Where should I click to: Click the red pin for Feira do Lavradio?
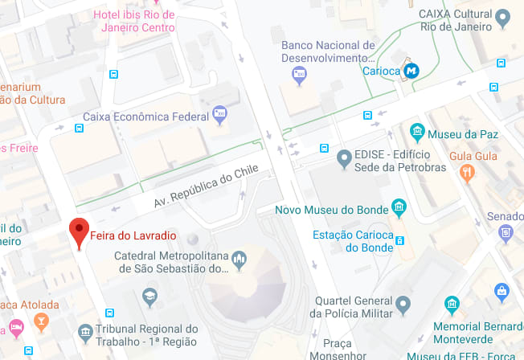click(79, 233)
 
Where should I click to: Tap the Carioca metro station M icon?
click(412, 71)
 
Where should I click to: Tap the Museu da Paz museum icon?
click(416, 132)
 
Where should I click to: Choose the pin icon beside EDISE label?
click(344, 159)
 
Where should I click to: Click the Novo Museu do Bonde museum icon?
click(399, 209)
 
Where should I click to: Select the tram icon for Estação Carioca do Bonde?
click(400, 240)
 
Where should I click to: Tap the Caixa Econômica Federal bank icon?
click(219, 114)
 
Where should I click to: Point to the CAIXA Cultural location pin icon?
click(503, 18)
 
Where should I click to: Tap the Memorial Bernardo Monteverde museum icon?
click(452, 305)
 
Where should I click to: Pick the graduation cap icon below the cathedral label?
click(149, 297)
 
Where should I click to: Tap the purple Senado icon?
click(506, 233)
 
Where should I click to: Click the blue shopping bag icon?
click(502, 289)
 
